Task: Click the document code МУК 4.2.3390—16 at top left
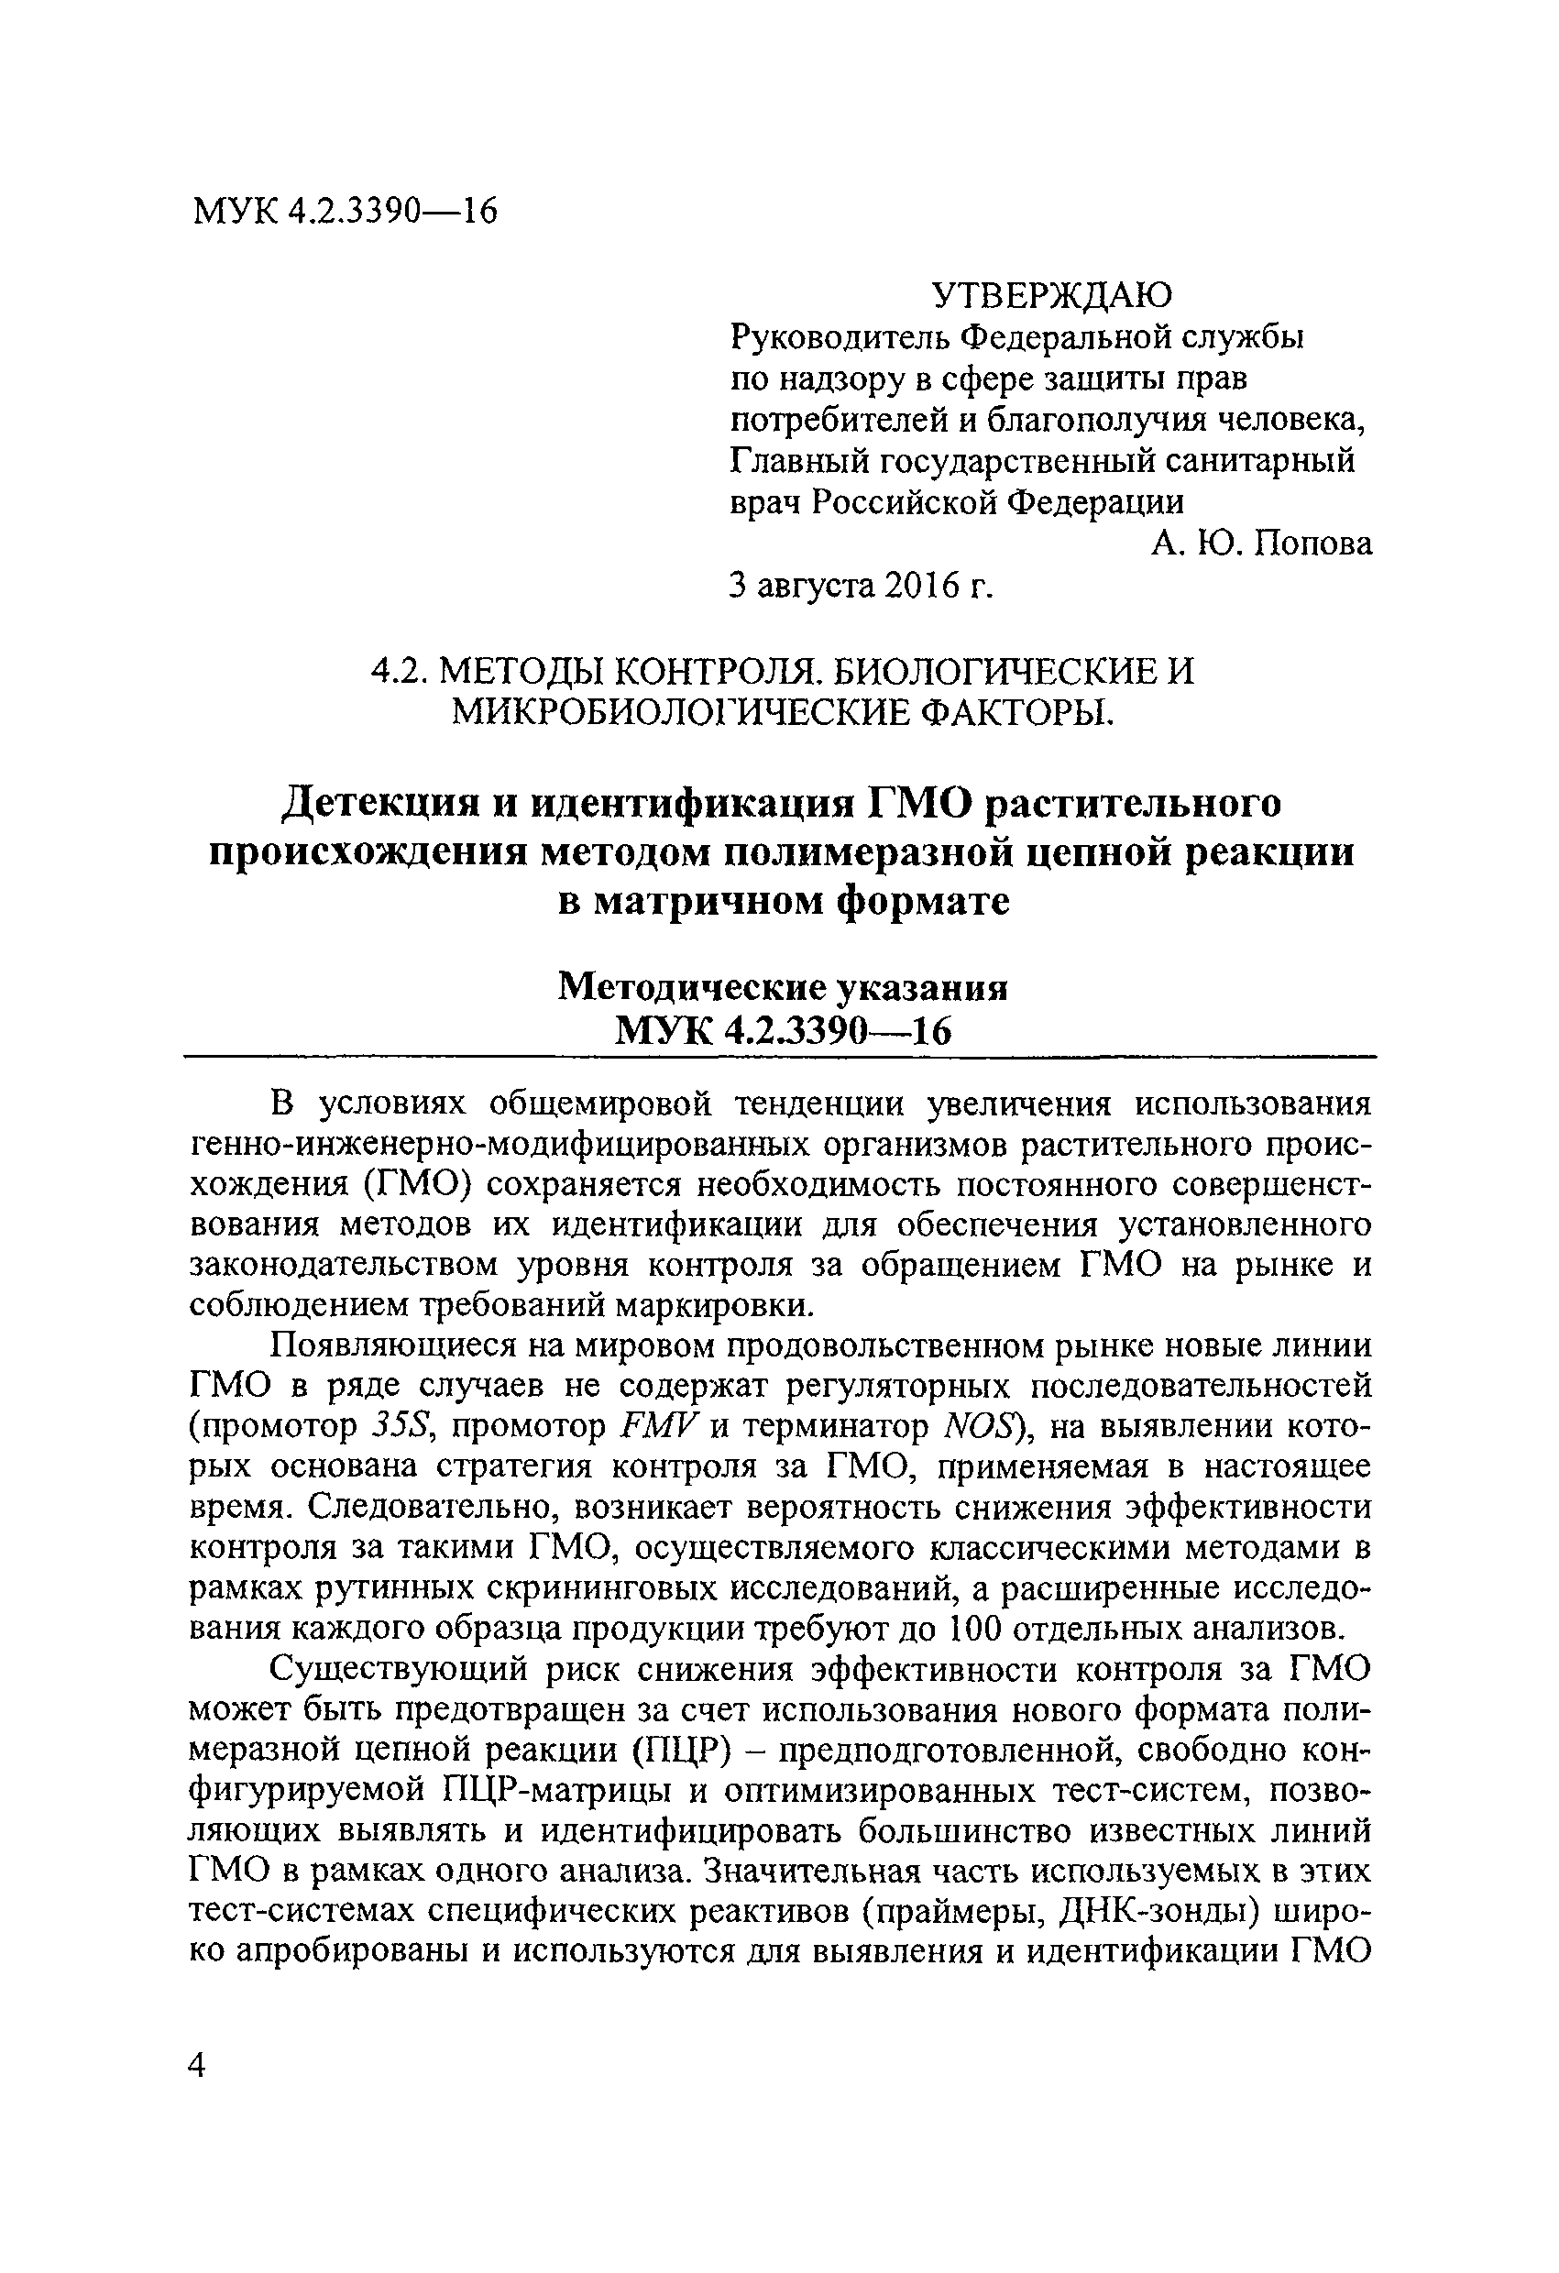coord(346,210)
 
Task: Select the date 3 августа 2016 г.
coord(862,585)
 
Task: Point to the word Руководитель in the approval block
coord(837,337)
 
